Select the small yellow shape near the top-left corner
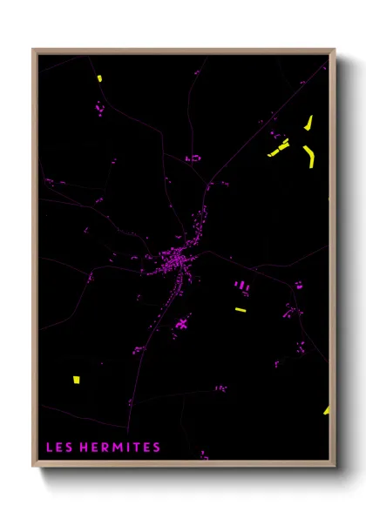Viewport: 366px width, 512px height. [99, 78]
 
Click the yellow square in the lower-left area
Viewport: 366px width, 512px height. [75, 380]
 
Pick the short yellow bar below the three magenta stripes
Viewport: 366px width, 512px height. [241, 309]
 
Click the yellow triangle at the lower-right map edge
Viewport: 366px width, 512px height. [327, 410]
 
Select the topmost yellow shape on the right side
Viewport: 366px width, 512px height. [308, 123]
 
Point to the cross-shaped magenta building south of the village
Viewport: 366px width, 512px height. [182, 324]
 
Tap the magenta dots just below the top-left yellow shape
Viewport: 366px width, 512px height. [98, 109]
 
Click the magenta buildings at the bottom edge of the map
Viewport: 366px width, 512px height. [203, 455]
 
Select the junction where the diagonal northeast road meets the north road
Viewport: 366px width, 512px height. [209, 183]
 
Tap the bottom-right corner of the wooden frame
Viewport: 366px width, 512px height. [334, 466]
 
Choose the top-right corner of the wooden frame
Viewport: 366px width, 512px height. [334, 50]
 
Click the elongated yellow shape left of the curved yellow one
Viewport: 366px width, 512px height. [279, 148]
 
